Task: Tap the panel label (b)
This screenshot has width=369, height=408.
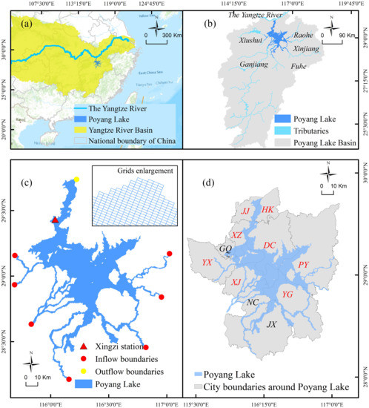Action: point(196,20)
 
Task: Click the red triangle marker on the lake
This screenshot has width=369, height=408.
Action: point(55,220)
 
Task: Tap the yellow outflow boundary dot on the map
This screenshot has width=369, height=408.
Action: point(76,179)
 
